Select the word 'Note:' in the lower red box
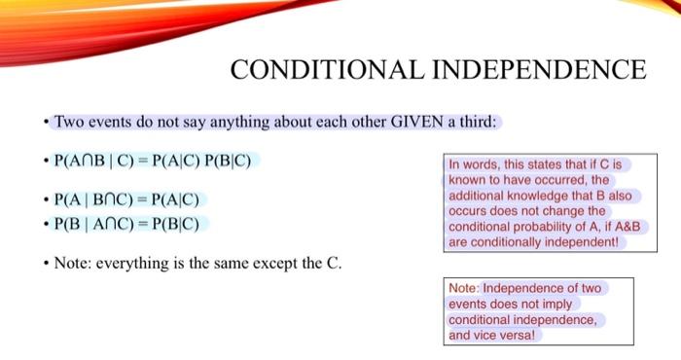(x=464, y=288)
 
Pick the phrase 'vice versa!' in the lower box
(x=507, y=335)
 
